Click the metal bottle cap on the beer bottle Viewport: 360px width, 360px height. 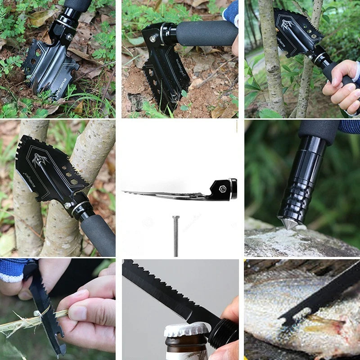186,330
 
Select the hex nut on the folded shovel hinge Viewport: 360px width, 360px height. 222,189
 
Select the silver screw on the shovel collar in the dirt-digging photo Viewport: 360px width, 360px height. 153,39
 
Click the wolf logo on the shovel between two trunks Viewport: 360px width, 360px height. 39,159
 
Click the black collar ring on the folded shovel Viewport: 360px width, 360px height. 233,189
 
